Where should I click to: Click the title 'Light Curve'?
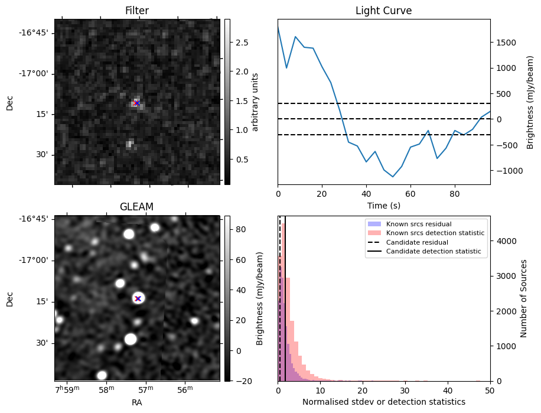click(383, 11)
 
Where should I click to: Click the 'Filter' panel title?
click(137, 11)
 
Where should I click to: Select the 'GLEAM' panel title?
click(137, 207)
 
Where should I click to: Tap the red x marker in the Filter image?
click(137, 103)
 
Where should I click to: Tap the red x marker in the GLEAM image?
click(138, 298)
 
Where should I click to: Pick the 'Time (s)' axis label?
click(383, 204)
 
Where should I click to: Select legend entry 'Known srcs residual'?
click(418, 225)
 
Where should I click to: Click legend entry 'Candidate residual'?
click(417, 243)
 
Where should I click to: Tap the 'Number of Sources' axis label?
click(524, 298)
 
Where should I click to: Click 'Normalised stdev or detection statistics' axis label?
click(383, 402)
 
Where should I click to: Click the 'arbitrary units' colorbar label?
click(255, 102)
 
